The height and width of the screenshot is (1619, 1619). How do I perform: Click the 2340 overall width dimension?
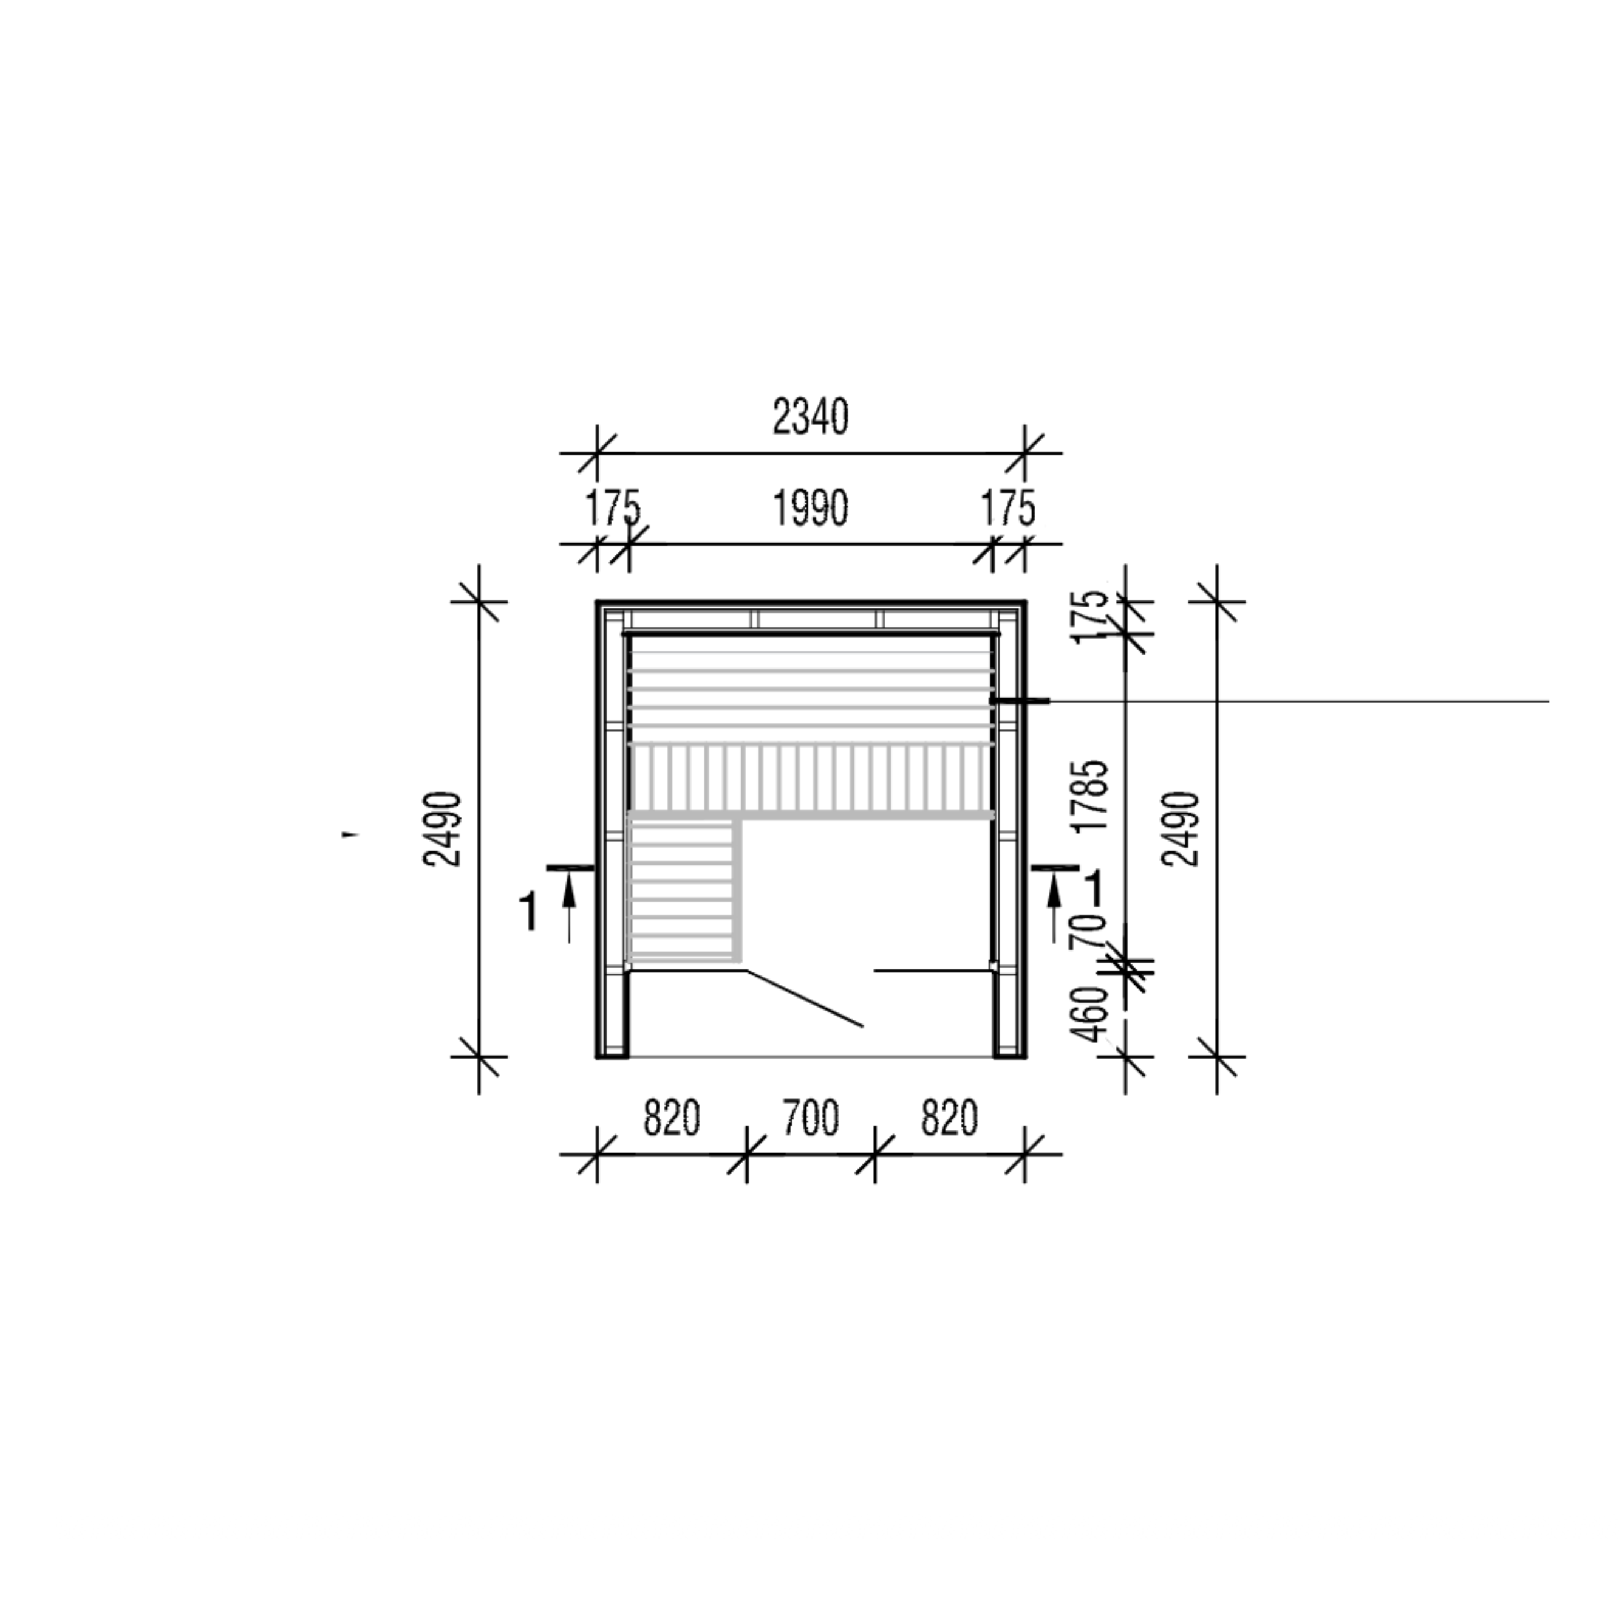click(x=810, y=418)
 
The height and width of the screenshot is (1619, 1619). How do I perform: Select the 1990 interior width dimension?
click(x=810, y=509)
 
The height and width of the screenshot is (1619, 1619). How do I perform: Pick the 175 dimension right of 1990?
click(x=1008, y=509)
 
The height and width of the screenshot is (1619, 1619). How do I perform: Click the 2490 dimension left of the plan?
click(x=443, y=828)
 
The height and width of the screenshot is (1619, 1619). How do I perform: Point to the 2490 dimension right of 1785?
click(x=1182, y=828)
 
